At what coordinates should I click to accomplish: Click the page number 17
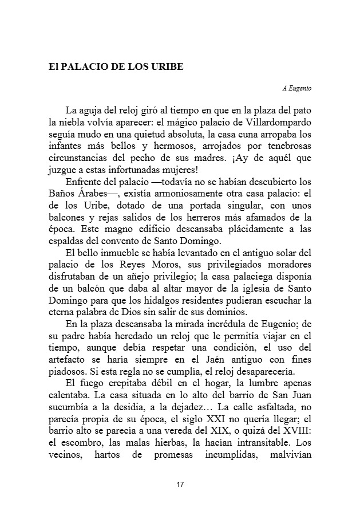(x=180, y=485)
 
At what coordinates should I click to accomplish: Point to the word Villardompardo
(x=282, y=121)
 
